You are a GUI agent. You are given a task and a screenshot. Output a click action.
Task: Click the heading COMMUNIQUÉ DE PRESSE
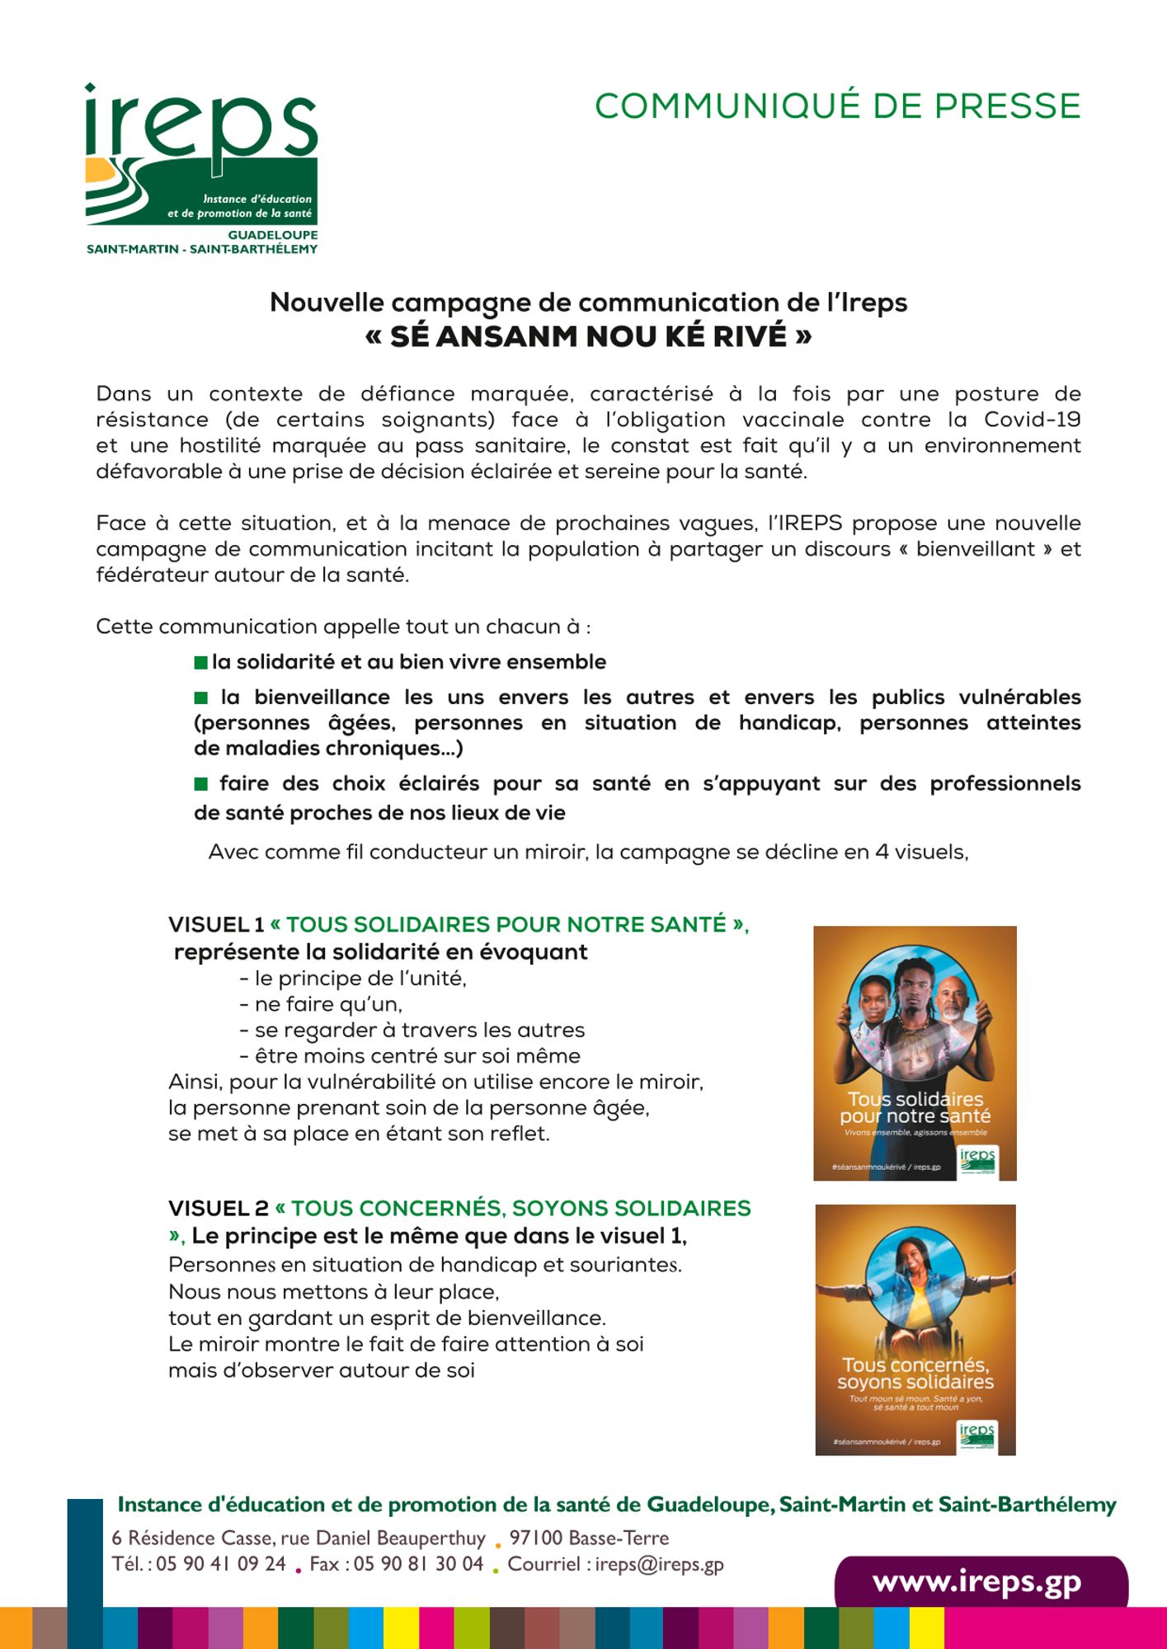click(837, 106)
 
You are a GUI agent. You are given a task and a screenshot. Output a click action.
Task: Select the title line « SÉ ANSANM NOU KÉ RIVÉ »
click(588, 336)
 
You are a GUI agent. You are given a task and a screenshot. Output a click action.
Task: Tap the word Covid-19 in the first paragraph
click(1032, 420)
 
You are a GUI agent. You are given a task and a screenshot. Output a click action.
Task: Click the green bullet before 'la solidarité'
click(200, 663)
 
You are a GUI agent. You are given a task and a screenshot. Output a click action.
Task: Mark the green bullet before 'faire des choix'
click(200, 784)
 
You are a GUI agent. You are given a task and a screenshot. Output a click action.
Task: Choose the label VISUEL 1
click(216, 925)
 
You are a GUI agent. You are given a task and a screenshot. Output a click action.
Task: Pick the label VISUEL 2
click(219, 1209)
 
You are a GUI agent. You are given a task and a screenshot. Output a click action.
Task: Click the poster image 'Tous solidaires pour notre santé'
click(915, 1053)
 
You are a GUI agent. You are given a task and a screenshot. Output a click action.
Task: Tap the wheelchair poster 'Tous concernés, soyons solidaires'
click(915, 1329)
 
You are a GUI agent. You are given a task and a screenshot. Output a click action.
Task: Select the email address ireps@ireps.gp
click(659, 1565)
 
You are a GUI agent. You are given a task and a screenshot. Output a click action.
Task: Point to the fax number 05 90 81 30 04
click(418, 1565)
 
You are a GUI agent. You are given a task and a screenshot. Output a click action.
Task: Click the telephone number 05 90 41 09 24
click(220, 1565)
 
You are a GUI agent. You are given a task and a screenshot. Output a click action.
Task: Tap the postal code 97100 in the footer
click(535, 1539)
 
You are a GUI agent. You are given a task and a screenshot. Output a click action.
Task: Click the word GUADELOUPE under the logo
click(272, 235)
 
